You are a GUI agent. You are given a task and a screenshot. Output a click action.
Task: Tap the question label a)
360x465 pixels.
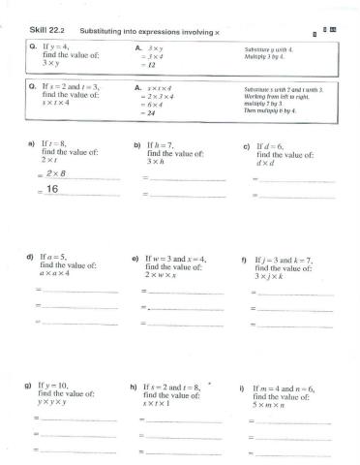coord(31,143)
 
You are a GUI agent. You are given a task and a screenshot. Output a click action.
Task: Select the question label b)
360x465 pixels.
coord(137,143)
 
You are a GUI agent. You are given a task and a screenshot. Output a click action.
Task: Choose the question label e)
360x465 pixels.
coord(135,259)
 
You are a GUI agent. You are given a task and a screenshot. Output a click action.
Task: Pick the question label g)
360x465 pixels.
coord(29,385)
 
